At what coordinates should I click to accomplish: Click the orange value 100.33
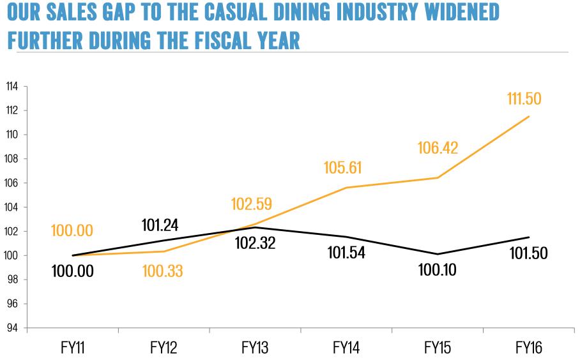[x=162, y=271]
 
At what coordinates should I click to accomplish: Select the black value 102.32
[x=254, y=243]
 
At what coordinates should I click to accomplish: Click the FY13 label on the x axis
[x=254, y=349]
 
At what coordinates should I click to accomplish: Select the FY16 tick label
[x=529, y=349]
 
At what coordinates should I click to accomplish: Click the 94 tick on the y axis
[x=12, y=328]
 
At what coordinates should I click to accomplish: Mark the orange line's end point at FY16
[x=529, y=116]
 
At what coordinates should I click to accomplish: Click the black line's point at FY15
[x=438, y=254]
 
